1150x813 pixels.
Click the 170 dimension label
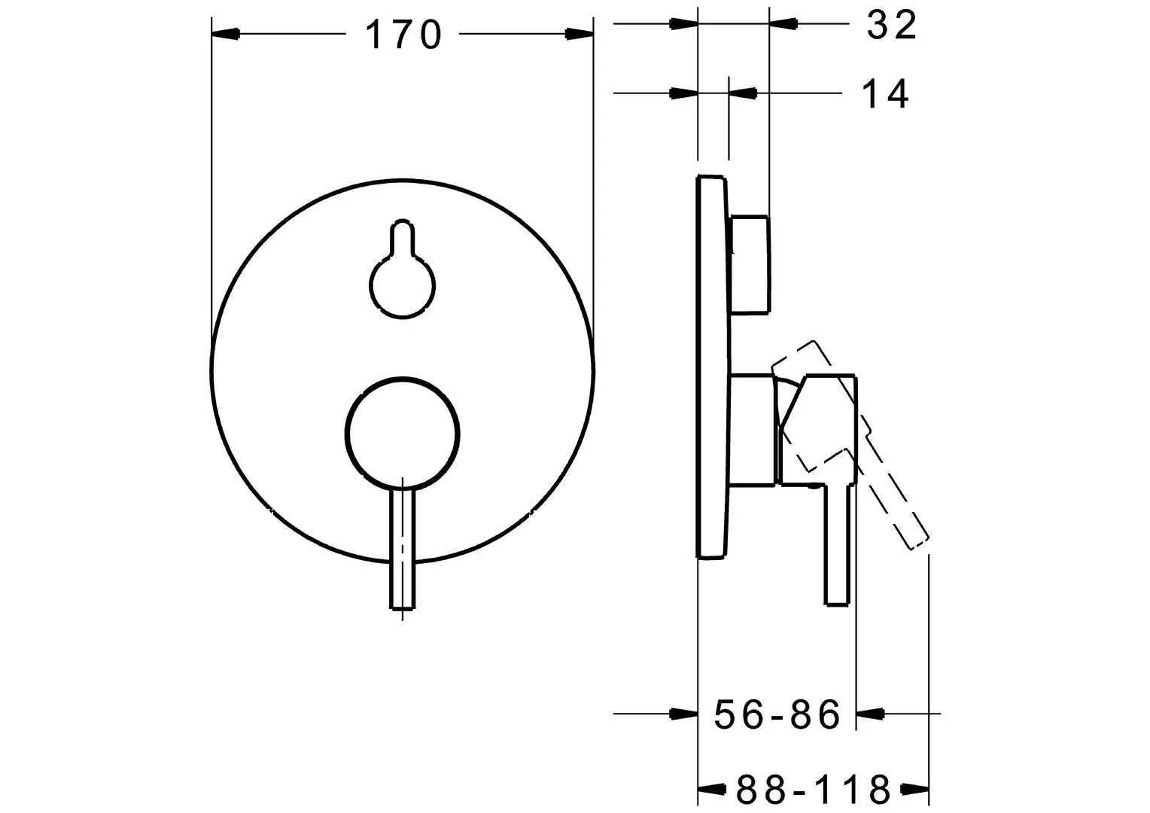(403, 35)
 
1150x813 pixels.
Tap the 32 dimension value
(892, 25)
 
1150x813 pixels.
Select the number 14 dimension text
(885, 94)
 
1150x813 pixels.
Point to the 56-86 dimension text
(777, 714)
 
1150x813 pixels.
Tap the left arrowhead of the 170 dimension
(226, 34)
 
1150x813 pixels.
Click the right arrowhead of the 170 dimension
(579, 34)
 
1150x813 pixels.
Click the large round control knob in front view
(403, 434)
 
